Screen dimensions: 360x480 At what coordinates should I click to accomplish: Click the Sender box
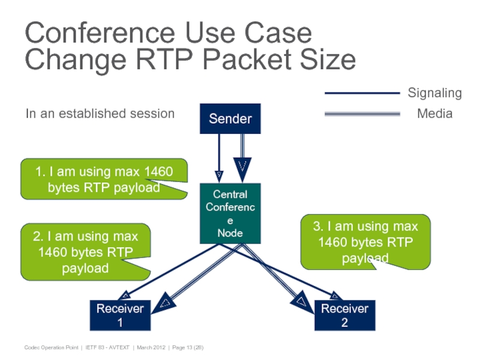230,119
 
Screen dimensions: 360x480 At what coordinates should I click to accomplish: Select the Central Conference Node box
230,213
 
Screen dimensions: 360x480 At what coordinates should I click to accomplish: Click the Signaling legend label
434,93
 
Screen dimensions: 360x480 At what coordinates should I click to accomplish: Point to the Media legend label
434,113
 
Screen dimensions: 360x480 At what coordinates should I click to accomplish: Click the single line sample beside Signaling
362,93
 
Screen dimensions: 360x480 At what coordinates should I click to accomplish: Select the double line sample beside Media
362,113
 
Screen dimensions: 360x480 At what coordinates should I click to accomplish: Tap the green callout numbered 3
365,242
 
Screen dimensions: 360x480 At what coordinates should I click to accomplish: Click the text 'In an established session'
100,113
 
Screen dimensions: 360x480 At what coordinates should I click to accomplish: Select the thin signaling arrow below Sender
219,156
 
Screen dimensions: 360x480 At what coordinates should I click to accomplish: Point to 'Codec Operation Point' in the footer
51,348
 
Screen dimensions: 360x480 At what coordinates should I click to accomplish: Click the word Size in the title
325,60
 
